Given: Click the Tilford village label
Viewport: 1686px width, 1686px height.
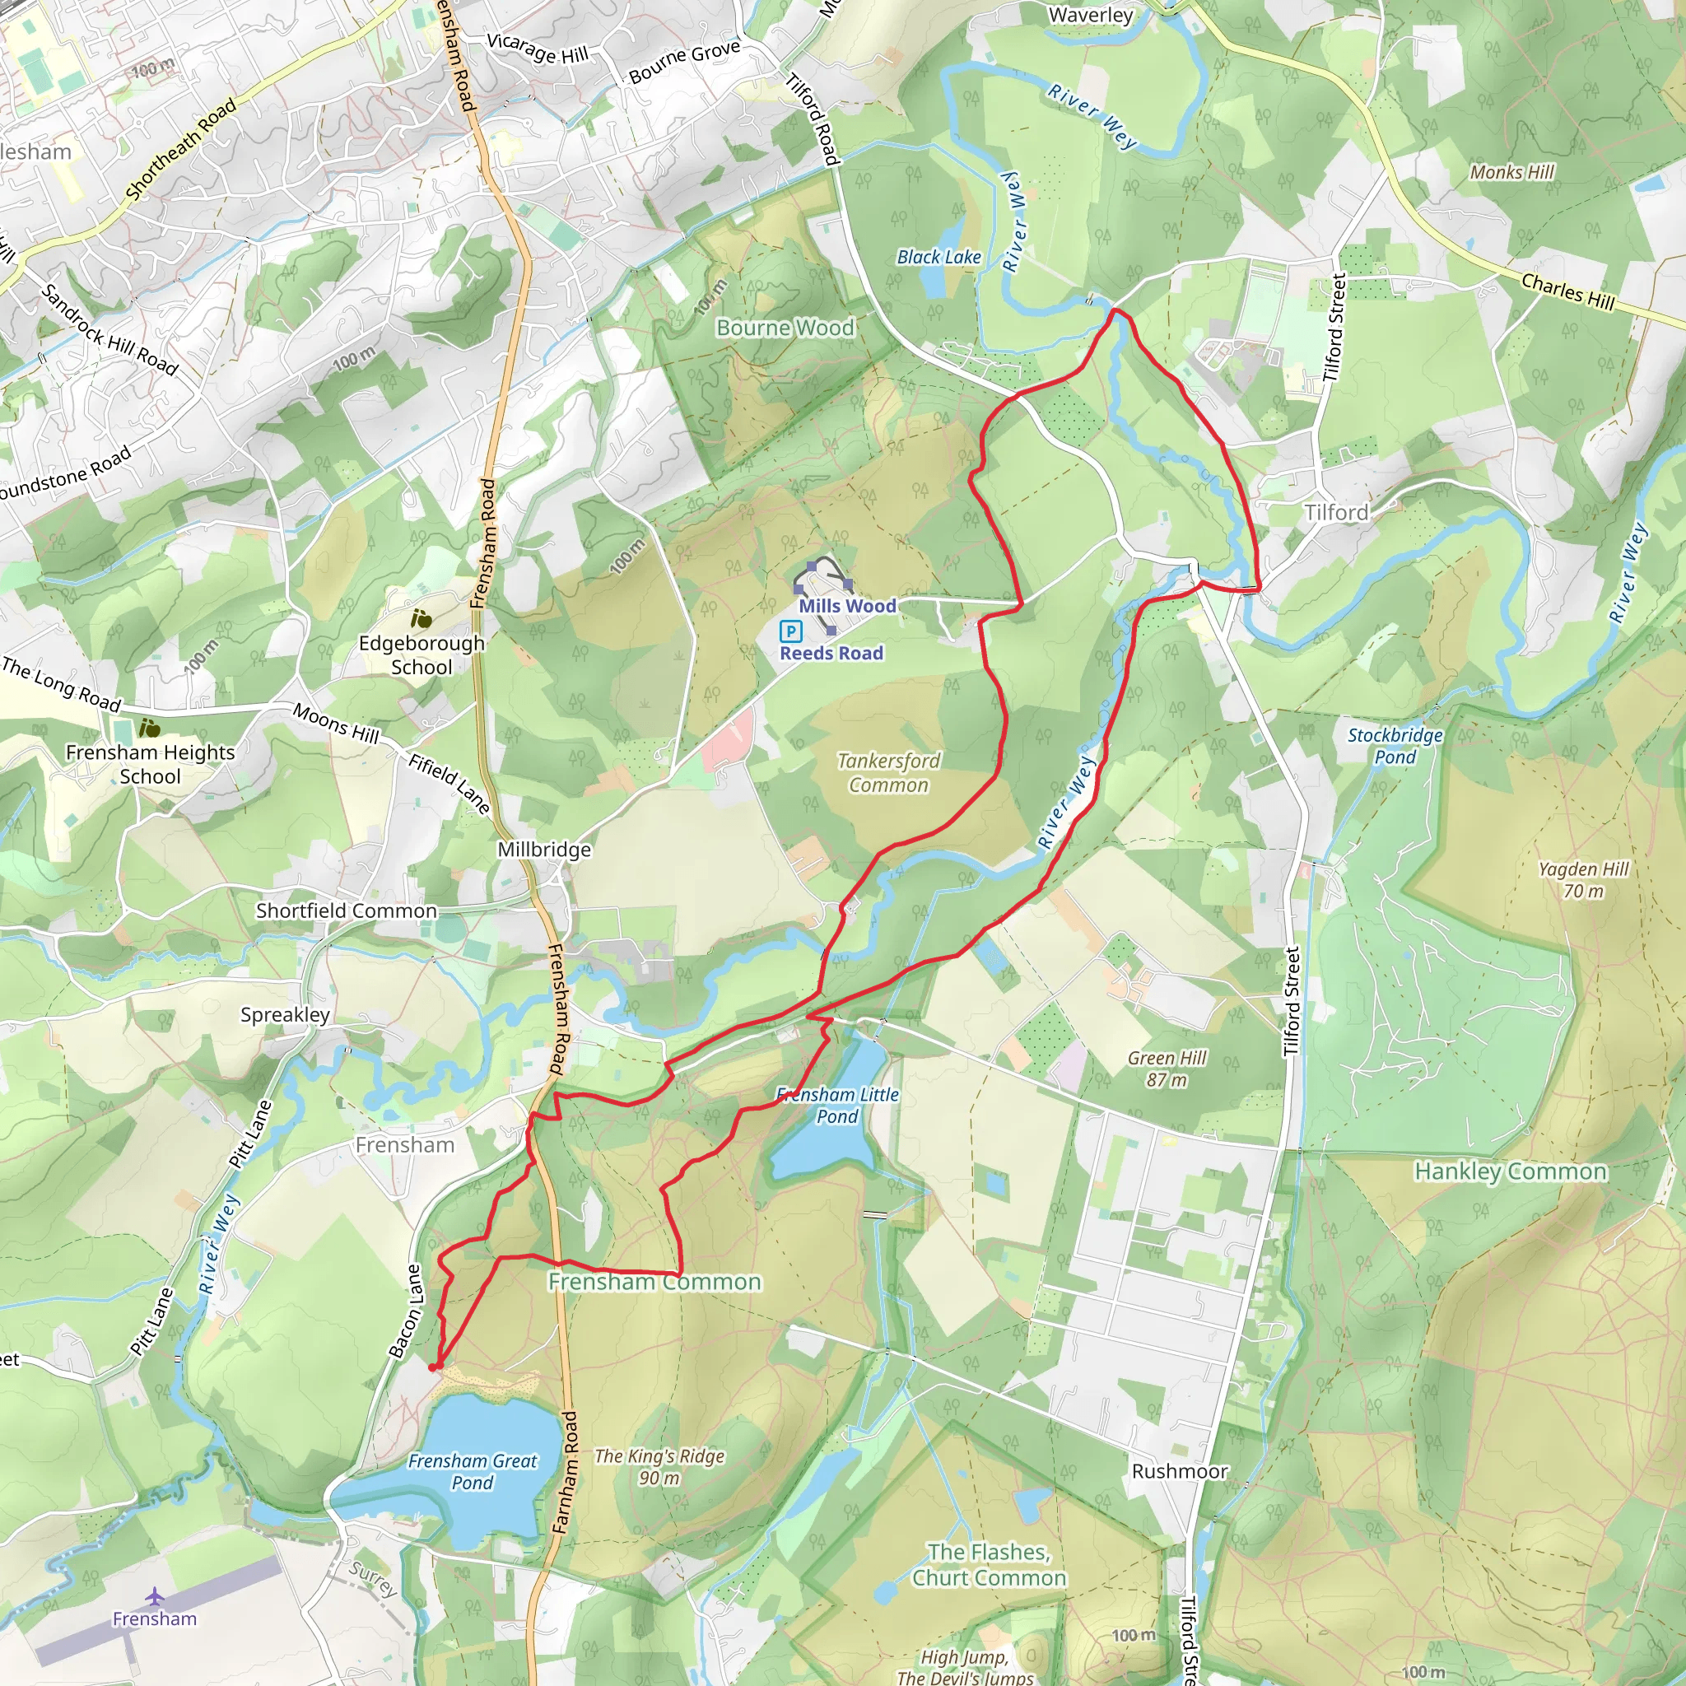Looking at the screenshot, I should [1336, 512].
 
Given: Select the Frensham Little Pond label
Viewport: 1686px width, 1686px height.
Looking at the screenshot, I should [837, 1105].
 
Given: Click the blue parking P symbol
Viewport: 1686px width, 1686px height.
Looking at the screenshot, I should [790, 631].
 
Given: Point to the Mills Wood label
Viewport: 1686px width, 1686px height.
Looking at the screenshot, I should [847, 606].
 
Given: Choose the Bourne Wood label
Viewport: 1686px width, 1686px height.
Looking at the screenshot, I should [785, 328].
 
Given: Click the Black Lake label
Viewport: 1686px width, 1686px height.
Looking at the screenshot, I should [939, 257].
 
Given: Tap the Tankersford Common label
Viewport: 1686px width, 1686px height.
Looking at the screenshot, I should [888, 772].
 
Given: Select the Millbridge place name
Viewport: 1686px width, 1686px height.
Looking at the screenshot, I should [544, 849].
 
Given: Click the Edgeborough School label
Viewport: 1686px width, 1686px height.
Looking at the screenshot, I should [421, 654].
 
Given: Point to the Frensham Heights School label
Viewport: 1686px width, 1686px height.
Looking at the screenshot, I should [150, 764].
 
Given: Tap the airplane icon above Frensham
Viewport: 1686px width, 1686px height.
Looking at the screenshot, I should [155, 1596].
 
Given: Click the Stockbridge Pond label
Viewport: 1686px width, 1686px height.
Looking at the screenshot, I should [1395, 745].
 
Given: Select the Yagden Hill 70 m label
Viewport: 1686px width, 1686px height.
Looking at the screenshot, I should [1583, 880].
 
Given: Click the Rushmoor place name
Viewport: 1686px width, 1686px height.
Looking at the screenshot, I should [1179, 1471].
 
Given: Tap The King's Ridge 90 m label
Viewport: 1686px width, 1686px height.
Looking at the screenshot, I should [659, 1466].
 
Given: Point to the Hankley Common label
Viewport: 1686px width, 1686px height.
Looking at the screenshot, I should [1511, 1171].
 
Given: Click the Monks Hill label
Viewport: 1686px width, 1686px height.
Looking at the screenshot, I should [1512, 172].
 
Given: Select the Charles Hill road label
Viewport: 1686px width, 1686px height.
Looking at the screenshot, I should [1568, 291].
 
